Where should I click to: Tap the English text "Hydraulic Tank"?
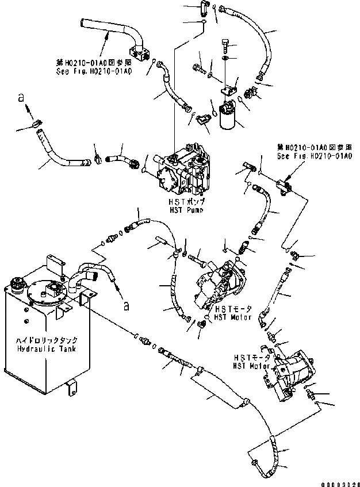pyautogui.click(x=39, y=349)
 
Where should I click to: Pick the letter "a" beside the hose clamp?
pyautogui.click(x=21, y=99)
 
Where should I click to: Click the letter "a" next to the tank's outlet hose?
pyautogui.click(x=125, y=305)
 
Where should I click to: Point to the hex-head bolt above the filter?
pyautogui.click(x=225, y=44)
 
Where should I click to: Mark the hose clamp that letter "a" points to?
pyautogui.click(x=36, y=122)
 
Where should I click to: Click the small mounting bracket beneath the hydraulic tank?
pyautogui.click(x=72, y=389)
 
